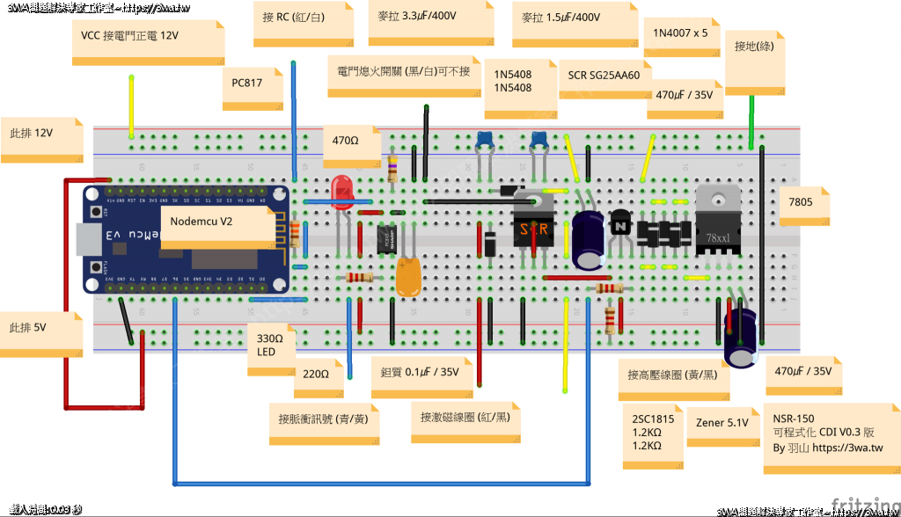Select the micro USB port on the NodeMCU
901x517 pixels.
(x=88, y=237)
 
